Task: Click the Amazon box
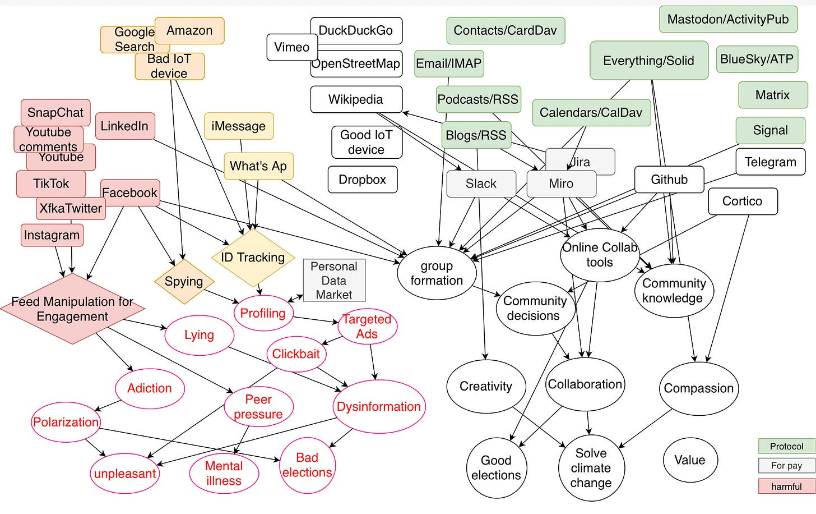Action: pyautogui.click(x=189, y=31)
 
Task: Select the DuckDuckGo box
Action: pyautogui.click(x=356, y=31)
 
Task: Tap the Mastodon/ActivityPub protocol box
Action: pyautogui.click(x=728, y=19)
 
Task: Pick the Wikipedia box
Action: pyautogui.click(x=356, y=99)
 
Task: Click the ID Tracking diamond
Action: pyautogui.click(x=253, y=257)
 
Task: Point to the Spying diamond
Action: pyautogui.click(x=184, y=281)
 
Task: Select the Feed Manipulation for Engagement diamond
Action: pyautogui.click(x=72, y=309)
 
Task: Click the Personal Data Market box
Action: pyautogui.click(x=334, y=280)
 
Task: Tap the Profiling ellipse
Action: pyautogui.click(x=263, y=313)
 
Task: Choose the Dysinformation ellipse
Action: pyautogui.click(x=379, y=406)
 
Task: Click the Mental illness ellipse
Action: pyautogui.click(x=224, y=473)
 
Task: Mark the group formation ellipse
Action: pyautogui.click(x=437, y=273)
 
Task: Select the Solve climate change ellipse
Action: pyautogui.click(x=591, y=468)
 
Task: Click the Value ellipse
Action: pyautogui.click(x=690, y=460)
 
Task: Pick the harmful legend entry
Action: pyautogui.click(x=787, y=487)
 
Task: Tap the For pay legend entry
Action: pyautogui.click(x=787, y=466)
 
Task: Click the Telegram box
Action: pyautogui.click(x=771, y=162)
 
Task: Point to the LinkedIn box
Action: pyautogui.click(x=125, y=126)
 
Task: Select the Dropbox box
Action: pyautogui.click(x=363, y=180)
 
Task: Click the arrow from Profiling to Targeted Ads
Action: pyautogui.click(x=316, y=319)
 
